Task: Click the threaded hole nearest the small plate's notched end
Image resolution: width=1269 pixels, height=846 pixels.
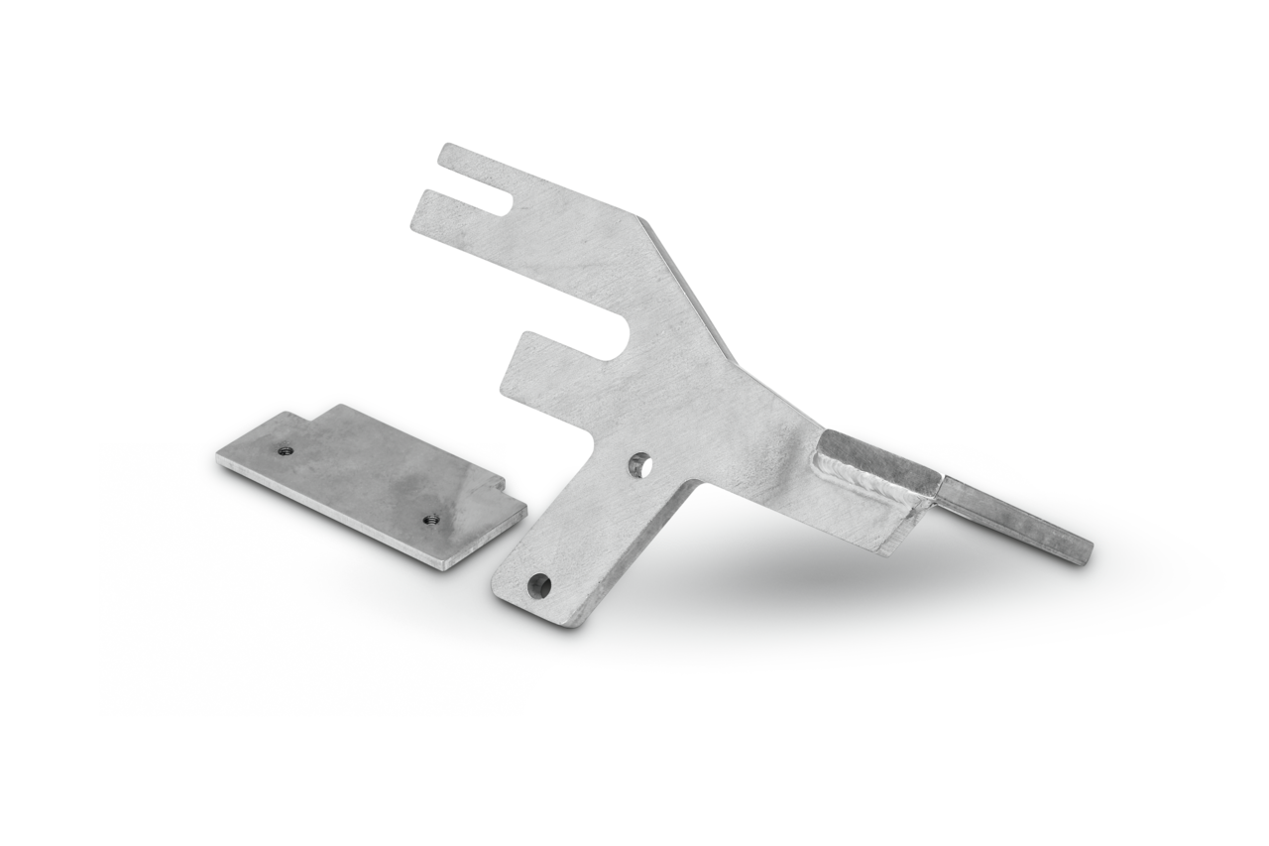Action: pos(285,450)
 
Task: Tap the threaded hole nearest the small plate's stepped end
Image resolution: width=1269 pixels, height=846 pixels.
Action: pos(430,518)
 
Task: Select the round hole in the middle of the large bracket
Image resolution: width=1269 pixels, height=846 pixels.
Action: pos(639,462)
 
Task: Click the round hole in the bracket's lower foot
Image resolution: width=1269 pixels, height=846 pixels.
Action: pos(539,584)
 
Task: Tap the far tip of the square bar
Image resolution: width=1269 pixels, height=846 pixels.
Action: pos(1085,552)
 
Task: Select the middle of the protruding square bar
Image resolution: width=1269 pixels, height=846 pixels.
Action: pos(1011,515)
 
